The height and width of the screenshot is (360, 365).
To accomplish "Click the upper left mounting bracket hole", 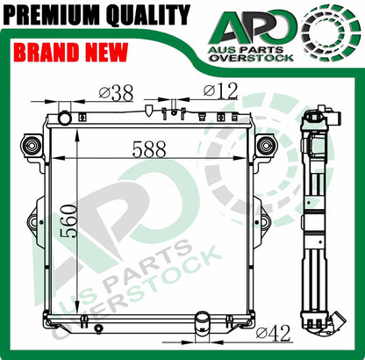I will (x=32, y=144).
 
